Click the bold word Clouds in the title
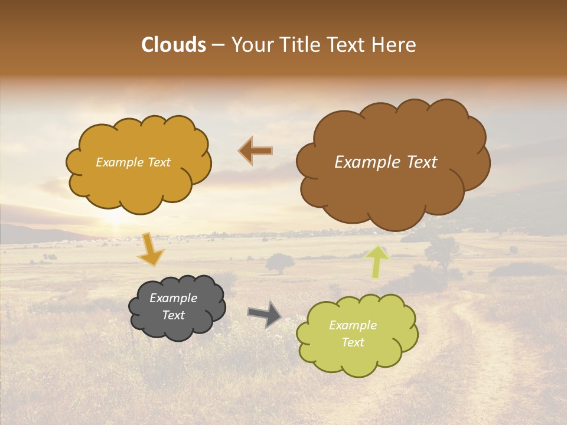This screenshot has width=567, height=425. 174,45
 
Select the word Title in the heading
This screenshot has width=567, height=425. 304,45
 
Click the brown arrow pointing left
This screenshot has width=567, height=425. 256,151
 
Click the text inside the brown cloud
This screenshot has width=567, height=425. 386,162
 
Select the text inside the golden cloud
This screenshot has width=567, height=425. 133,162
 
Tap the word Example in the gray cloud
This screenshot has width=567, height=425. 173,298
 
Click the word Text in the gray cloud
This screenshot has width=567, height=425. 173,315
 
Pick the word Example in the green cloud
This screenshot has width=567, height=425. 353,325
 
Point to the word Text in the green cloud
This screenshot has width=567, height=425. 353,342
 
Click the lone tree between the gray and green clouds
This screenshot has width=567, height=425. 279,263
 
